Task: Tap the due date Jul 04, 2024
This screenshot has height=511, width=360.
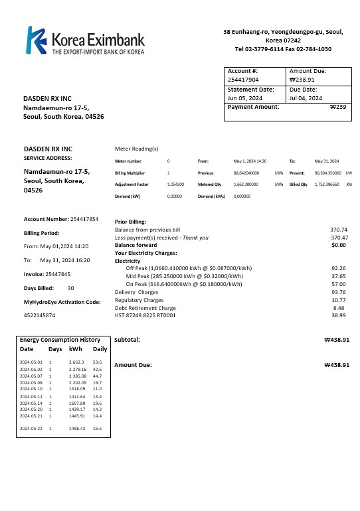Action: tap(306, 98)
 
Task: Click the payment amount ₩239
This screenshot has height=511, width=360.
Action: tap(338, 107)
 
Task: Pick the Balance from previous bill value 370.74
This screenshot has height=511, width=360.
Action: tap(339, 230)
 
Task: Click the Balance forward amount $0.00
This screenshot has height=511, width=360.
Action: tap(339, 245)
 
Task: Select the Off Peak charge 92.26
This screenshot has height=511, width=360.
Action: tap(339, 268)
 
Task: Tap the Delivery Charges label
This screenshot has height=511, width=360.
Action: tap(137, 292)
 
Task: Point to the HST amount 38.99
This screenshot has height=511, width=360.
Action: tap(339, 315)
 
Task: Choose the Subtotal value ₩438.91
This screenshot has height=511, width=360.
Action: tap(336, 339)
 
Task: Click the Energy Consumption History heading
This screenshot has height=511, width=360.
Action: tap(60, 340)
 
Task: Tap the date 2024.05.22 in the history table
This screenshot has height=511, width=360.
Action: tap(31, 429)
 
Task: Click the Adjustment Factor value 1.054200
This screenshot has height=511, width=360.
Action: tap(176, 184)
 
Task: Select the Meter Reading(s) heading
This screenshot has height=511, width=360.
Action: tap(137, 149)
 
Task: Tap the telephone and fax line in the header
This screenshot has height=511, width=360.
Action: tap(283, 49)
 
